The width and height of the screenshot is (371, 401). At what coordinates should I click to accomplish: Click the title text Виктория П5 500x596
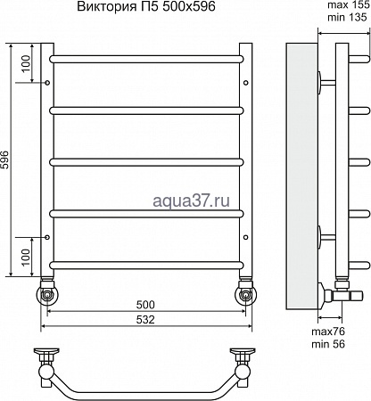(146, 6)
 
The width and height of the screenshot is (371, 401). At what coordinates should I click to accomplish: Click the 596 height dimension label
(6, 160)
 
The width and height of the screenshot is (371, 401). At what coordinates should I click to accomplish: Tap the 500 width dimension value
(145, 305)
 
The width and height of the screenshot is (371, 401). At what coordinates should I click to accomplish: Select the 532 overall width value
(145, 320)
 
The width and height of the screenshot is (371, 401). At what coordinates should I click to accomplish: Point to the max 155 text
(348, 5)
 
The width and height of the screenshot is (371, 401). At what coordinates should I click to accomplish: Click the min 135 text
(348, 17)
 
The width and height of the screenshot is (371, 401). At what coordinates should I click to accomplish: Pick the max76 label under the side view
(328, 331)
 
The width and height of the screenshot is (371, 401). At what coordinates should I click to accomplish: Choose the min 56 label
(328, 344)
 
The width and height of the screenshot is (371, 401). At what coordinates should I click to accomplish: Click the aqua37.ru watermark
(191, 201)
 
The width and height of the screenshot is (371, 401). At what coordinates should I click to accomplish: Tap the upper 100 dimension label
(26, 63)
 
